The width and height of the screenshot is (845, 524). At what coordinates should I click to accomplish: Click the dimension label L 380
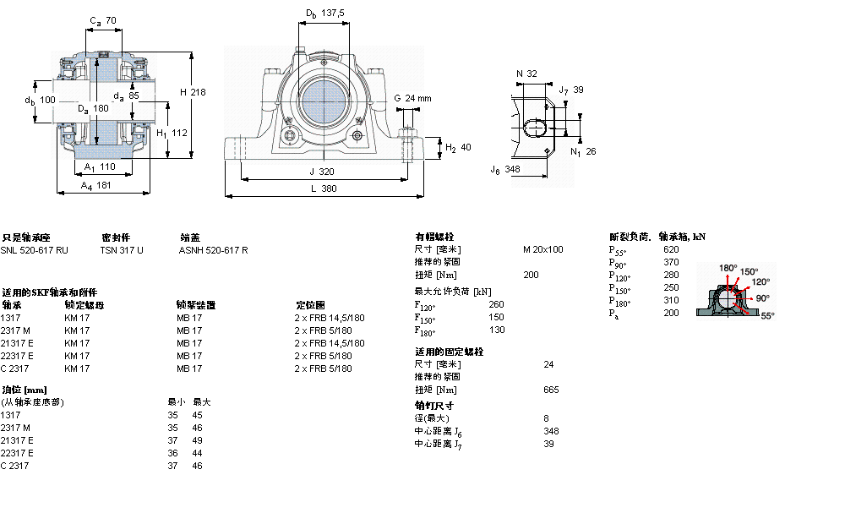coord(324,189)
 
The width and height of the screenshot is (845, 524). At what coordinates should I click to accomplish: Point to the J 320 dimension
coord(324,171)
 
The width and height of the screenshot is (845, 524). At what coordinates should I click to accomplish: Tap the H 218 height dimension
coord(193,91)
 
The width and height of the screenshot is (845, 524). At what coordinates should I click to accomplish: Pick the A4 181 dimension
coord(96,185)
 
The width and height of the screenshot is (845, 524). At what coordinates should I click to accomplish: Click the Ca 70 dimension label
coord(103,19)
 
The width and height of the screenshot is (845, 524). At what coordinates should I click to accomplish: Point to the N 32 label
coord(526,74)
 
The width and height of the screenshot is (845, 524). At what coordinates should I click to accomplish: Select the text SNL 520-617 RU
coord(35,249)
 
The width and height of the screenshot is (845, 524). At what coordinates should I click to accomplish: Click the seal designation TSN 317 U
coord(122,249)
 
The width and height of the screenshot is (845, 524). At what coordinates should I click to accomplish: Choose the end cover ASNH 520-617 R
coord(213,249)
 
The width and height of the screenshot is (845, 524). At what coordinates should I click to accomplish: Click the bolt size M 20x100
coord(542,249)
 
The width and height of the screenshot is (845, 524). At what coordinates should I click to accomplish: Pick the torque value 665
coord(551,390)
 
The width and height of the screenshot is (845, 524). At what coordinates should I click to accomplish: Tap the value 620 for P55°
coord(671,249)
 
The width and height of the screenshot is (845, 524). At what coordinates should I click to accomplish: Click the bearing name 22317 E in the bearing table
coord(17,356)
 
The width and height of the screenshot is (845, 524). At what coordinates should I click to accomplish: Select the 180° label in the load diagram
coord(727,268)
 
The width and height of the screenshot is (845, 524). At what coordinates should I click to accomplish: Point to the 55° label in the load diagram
coord(767,315)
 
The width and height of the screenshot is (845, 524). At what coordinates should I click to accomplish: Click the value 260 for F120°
coord(497,304)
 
